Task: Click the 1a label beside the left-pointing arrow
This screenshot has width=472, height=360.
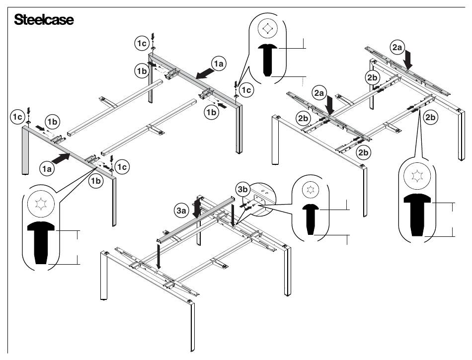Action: point(219,63)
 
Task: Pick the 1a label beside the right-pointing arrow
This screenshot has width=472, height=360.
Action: point(47,169)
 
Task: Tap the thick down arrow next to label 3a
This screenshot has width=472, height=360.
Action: point(197,207)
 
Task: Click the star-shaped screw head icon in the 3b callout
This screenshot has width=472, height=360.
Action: point(312,189)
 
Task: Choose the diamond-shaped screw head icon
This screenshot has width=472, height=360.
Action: point(268,29)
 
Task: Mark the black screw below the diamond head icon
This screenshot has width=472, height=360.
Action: point(268,59)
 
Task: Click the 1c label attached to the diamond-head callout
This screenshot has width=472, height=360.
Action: point(245,90)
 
